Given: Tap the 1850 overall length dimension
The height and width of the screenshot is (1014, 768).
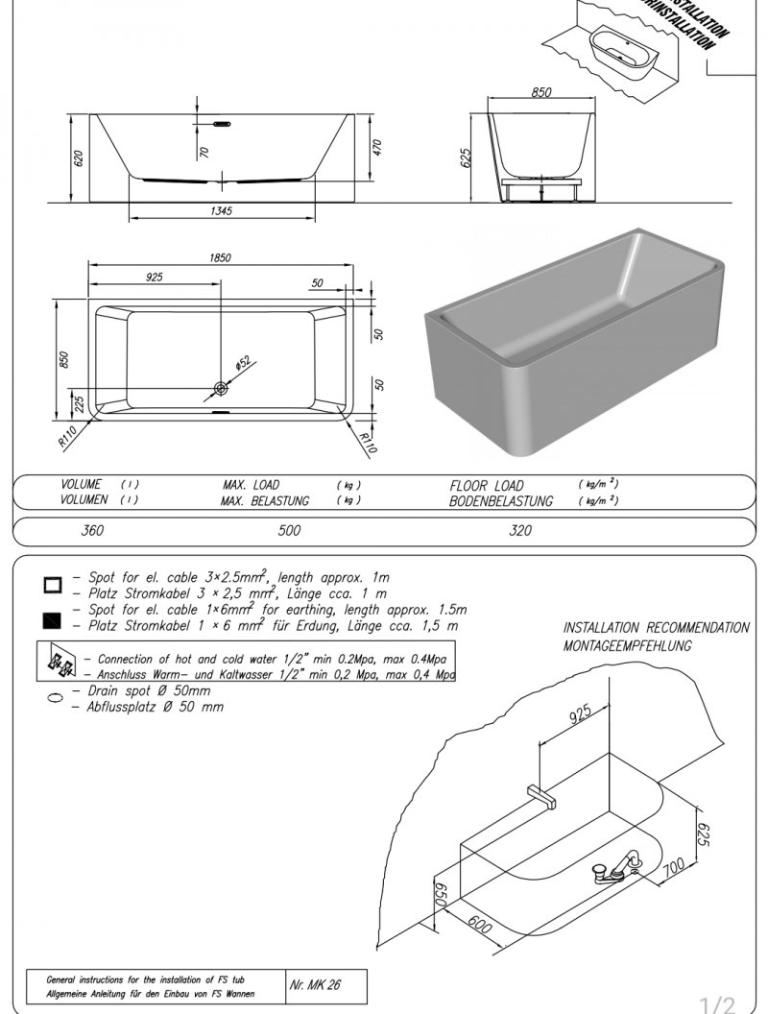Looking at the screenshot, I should pyautogui.click(x=220, y=257).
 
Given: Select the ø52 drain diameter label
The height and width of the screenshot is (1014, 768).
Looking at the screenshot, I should pyautogui.click(x=243, y=362).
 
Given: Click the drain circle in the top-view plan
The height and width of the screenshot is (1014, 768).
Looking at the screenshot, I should pyautogui.click(x=222, y=388).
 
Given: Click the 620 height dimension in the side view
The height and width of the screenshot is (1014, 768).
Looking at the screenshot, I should pyautogui.click(x=80, y=157).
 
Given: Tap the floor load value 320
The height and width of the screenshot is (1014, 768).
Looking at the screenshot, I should pyautogui.click(x=519, y=530).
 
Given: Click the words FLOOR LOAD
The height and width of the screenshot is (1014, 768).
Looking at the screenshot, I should pyautogui.click(x=488, y=486).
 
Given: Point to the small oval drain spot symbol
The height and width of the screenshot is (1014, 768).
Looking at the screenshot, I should pyautogui.click(x=53, y=698).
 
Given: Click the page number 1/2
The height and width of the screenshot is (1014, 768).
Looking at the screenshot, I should pyautogui.click(x=716, y=1004).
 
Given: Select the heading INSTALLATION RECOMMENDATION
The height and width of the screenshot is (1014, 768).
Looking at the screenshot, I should pyautogui.click(x=656, y=628).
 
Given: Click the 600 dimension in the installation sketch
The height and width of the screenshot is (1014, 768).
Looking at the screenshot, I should pyautogui.click(x=481, y=928).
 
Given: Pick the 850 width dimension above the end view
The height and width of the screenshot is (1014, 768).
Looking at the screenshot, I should pyautogui.click(x=542, y=93).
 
